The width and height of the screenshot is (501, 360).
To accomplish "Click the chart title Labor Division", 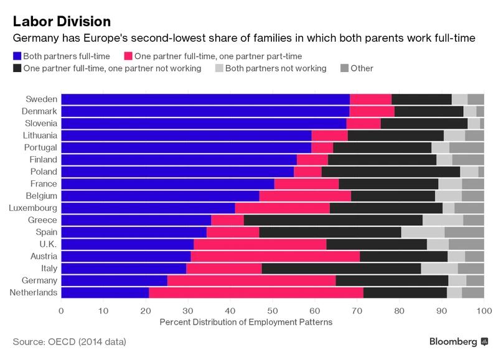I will pos(61,21).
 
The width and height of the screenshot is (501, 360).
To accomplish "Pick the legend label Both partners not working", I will pos(276,68).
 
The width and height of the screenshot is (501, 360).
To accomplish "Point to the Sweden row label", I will pos(42,99).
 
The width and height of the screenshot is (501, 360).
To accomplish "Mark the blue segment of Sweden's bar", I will pos(205,99).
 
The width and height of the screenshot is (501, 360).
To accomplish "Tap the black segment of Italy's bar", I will pos(341,268).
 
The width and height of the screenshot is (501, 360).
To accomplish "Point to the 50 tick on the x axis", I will pos(273,310).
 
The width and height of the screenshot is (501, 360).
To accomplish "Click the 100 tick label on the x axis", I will pos(481,310).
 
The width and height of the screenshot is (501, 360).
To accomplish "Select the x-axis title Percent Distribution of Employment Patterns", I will pos(247,322).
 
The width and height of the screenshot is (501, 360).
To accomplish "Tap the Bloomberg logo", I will pos(458,342).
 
